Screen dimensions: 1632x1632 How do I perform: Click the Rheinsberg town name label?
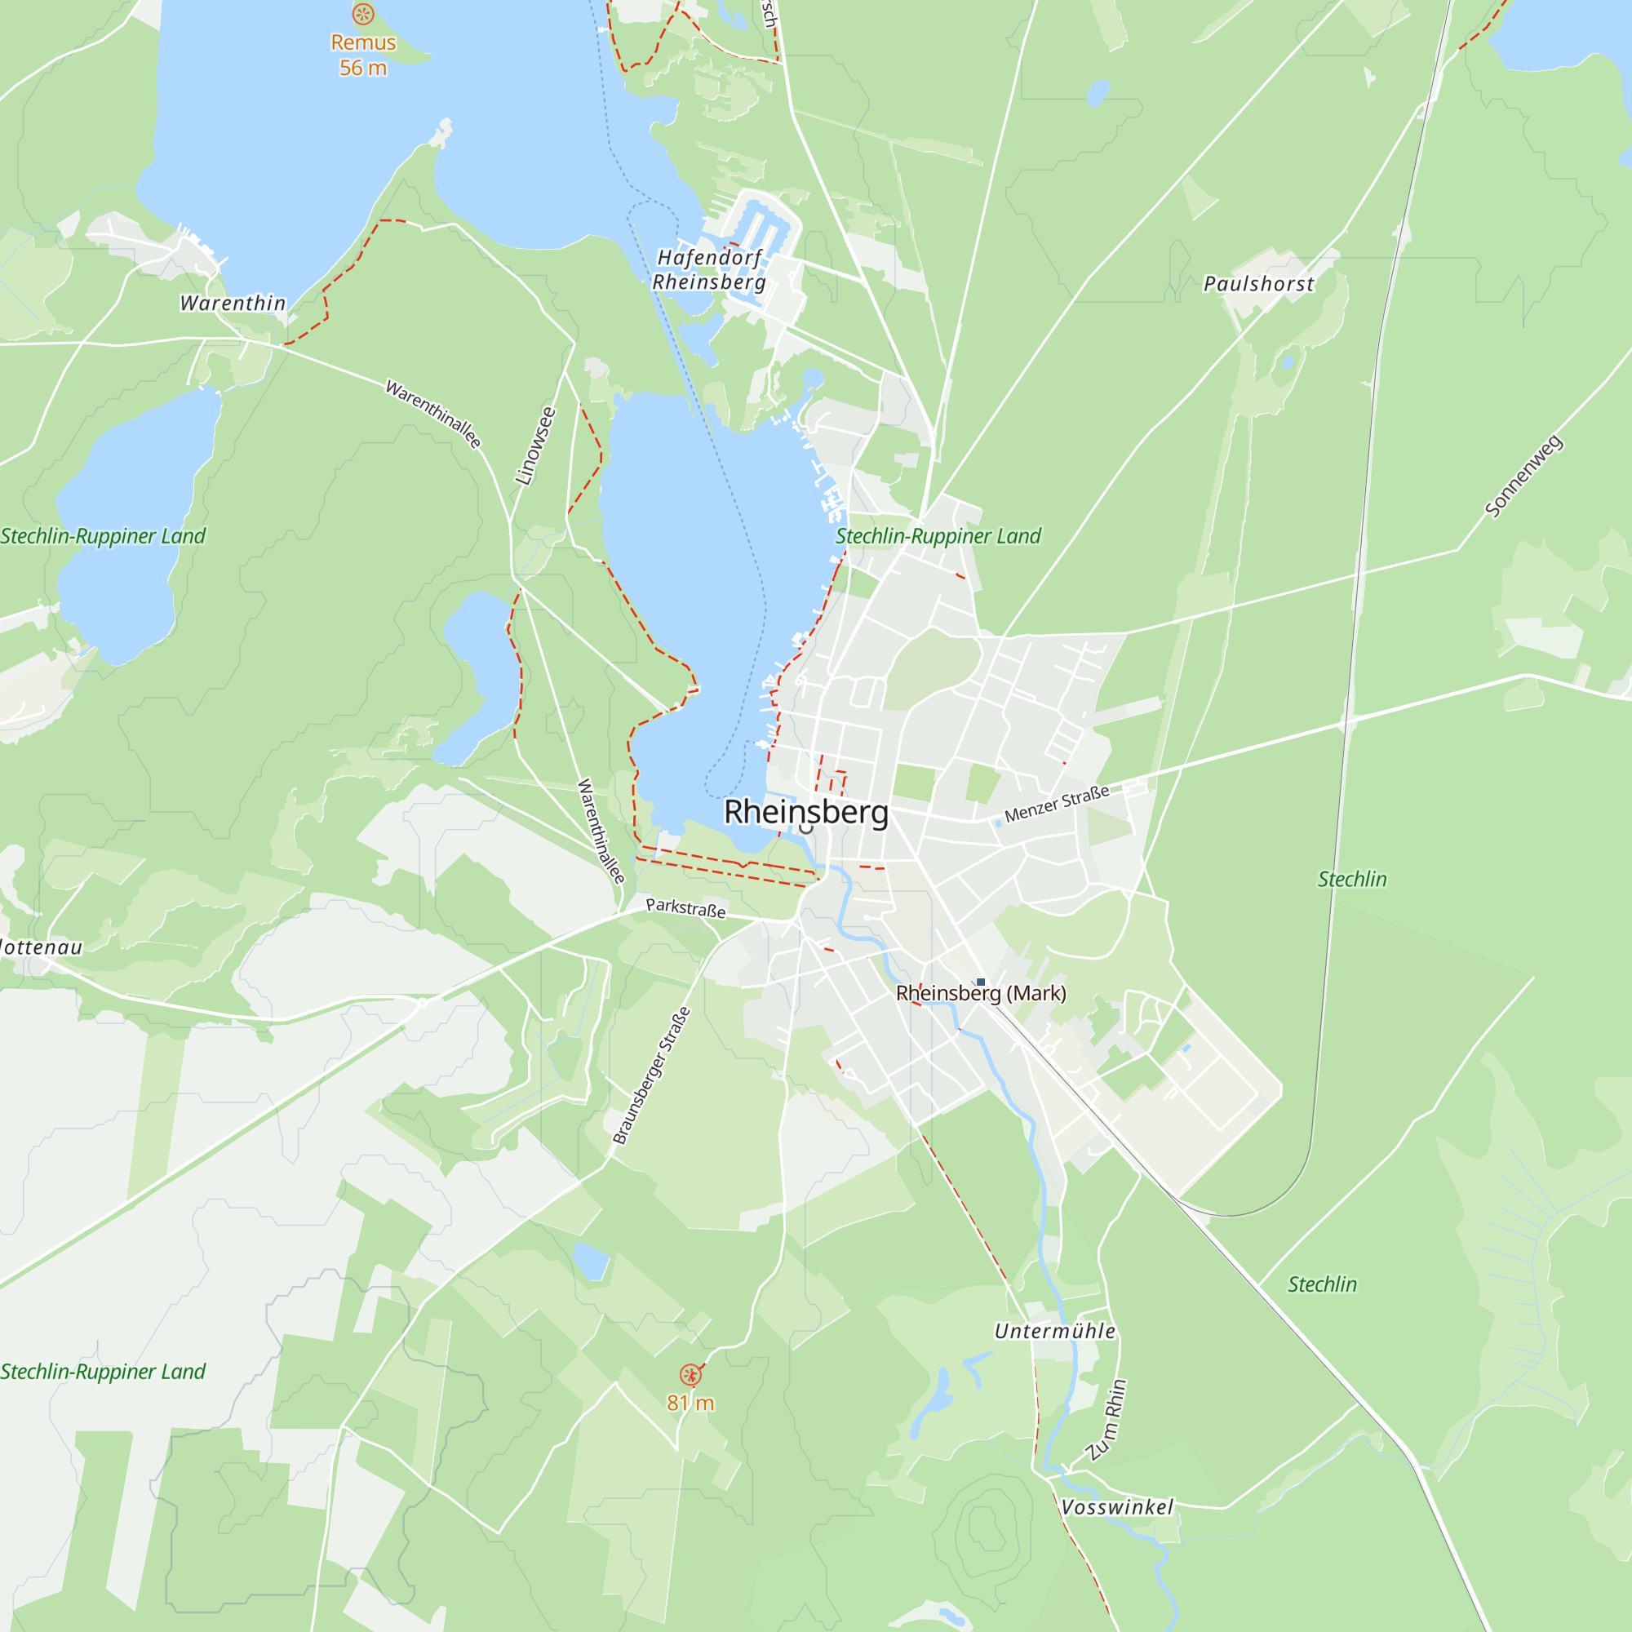pos(806,812)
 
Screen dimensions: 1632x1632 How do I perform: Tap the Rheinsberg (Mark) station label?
pos(981,993)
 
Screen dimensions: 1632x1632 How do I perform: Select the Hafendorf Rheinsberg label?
pos(709,269)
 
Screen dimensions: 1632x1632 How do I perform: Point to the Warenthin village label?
pos(233,304)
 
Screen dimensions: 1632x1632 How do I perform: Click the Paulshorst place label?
pos(1258,284)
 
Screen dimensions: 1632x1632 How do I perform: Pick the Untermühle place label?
pos(1055,1331)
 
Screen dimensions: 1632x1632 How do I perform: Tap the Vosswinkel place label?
pos(1117,1507)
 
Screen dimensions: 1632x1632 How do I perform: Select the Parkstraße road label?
pos(685,908)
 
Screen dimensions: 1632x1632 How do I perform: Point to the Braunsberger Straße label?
pos(651,1075)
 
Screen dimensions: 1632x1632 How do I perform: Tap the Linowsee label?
pos(536,446)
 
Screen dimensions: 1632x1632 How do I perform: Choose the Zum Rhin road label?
pos(1107,1419)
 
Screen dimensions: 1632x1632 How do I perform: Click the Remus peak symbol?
pos(363,14)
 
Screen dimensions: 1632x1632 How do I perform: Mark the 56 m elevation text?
pos(363,69)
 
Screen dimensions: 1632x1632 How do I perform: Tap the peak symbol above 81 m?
pos(691,1375)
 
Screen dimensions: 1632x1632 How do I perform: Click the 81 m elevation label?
pos(691,1403)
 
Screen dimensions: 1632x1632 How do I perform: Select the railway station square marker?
pos(981,982)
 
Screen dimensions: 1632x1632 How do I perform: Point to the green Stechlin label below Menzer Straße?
pos(1352,880)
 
